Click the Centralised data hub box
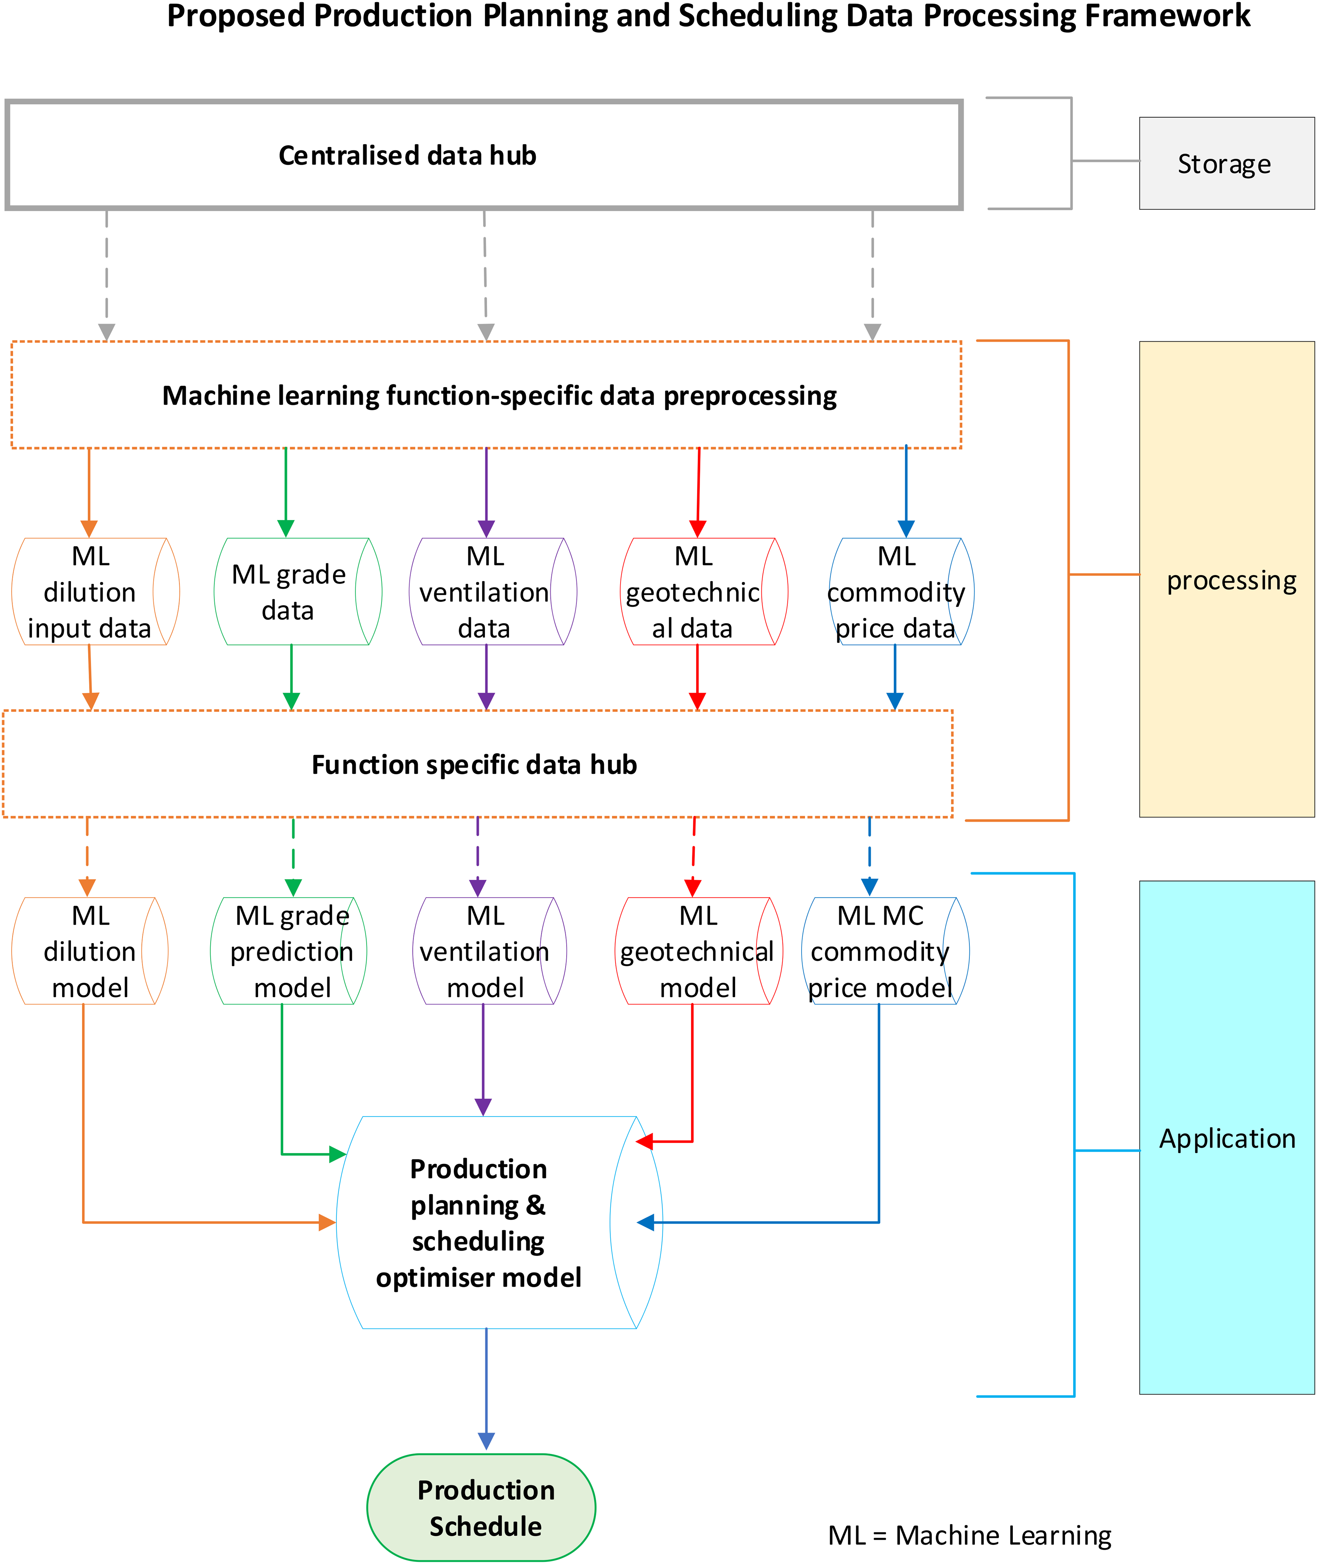pos(484,155)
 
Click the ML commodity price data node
pos(901,591)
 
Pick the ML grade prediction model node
pos(288,951)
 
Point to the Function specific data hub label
pos(474,765)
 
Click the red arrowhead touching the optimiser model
pos(644,1141)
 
